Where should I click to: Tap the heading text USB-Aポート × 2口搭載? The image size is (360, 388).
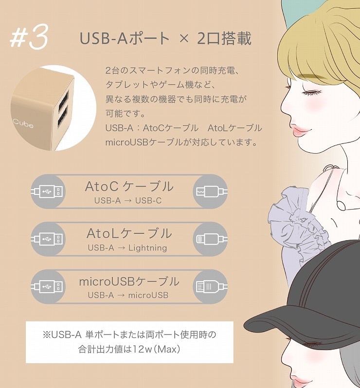[x=166, y=38]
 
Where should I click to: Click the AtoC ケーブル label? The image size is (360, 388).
[x=129, y=186]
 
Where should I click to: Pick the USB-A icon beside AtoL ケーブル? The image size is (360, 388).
[x=47, y=239]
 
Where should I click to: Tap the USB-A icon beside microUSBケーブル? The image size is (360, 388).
[x=47, y=286]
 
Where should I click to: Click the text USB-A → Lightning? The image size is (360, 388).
[x=127, y=248]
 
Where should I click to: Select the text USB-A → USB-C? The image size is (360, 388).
[x=127, y=200]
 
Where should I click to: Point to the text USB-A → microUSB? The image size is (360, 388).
[x=127, y=295]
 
